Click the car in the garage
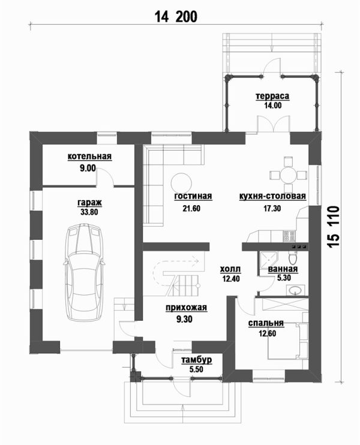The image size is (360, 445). [x=84, y=272]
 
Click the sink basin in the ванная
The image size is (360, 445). [x=295, y=290]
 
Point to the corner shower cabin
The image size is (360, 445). [x=268, y=260]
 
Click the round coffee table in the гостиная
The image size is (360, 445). [x=181, y=183]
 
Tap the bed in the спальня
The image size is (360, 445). [x=287, y=341]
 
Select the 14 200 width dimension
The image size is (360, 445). [x=176, y=17]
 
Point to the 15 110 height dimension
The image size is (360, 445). [x=334, y=227]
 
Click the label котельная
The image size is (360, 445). [x=89, y=157]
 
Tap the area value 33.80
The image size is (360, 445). [x=89, y=212]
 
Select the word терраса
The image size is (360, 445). [x=272, y=96]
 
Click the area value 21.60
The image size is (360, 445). [x=191, y=209]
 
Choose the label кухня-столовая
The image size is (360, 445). [x=272, y=196]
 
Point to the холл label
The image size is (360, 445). [x=230, y=269]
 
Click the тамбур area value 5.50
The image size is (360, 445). [x=196, y=369]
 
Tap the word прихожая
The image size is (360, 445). [x=187, y=308]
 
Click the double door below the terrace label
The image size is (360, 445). [x=274, y=123]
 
